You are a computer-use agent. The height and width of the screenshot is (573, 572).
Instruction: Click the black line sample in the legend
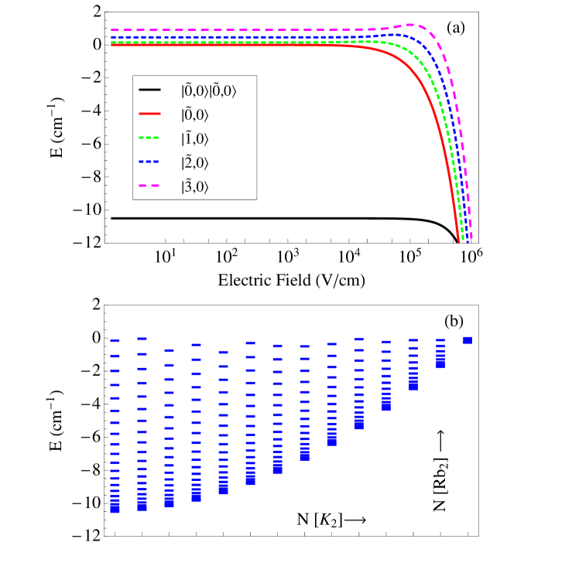click(x=149, y=90)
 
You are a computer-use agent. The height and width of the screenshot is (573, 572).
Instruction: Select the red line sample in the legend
click(x=149, y=114)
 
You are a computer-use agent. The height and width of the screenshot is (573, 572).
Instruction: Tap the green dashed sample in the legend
click(x=149, y=138)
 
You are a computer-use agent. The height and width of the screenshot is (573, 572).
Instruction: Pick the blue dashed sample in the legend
click(x=149, y=162)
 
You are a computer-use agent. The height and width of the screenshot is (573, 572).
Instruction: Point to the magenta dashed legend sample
click(x=149, y=186)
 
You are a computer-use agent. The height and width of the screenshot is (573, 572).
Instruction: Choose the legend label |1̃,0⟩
click(x=194, y=139)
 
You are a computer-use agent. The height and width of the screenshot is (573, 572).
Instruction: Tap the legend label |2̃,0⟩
click(x=194, y=163)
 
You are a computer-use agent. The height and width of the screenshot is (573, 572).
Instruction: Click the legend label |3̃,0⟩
click(x=194, y=187)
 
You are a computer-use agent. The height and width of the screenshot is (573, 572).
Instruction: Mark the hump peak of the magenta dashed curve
click(x=410, y=25)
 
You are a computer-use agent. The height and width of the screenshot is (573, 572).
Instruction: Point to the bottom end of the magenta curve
click(x=471, y=239)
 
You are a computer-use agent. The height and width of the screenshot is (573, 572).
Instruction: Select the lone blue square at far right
click(x=467, y=340)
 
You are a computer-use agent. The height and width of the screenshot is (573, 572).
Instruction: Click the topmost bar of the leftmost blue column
click(x=115, y=340)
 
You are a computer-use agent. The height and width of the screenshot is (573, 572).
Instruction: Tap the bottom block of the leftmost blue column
click(x=115, y=506)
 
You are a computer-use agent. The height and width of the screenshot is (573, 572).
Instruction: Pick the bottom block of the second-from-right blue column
click(x=440, y=363)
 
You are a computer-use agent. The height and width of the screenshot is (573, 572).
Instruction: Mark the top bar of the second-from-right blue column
click(x=440, y=339)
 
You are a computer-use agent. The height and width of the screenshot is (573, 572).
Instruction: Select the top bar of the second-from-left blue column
click(x=142, y=338)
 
